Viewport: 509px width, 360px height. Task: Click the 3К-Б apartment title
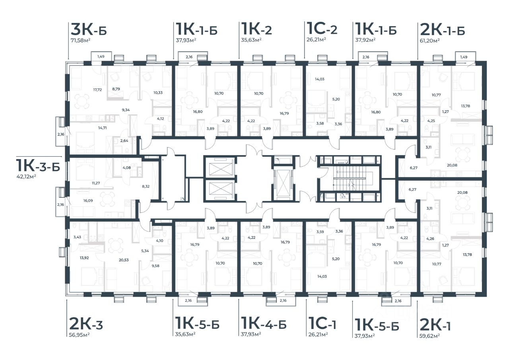tap(89, 29)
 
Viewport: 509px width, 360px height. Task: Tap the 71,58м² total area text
tap(81, 41)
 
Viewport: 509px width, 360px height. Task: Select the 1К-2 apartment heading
tap(256, 29)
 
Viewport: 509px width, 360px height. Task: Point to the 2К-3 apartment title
tap(86, 324)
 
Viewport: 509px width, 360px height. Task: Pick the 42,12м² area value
tap(26, 176)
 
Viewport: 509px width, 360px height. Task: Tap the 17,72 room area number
tap(97, 90)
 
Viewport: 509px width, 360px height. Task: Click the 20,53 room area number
tap(124, 260)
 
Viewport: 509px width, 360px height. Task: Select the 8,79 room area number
tap(116, 89)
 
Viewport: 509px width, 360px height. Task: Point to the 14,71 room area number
tap(103, 128)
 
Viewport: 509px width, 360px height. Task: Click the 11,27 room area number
tap(96, 183)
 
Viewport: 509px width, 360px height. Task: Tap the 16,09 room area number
tap(88, 200)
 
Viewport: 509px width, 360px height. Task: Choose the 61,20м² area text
tap(430, 41)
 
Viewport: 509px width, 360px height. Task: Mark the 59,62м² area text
tap(429, 336)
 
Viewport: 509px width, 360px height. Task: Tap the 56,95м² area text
tap(79, 335)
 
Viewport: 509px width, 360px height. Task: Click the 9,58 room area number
tap(155, 266)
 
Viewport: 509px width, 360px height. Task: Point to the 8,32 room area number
tap(146, 186)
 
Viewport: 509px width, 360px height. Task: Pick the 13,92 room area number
tap(84, 258)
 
